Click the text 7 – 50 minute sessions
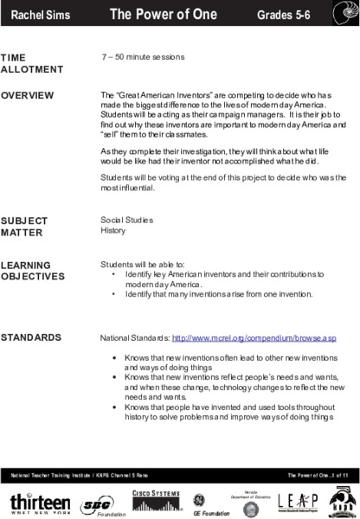click(143, 57)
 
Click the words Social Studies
click(126, 221)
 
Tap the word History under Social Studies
click(113, 231)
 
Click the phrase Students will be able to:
click(143, 265)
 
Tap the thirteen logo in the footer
click(40, 502)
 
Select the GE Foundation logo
click(203, 503)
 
